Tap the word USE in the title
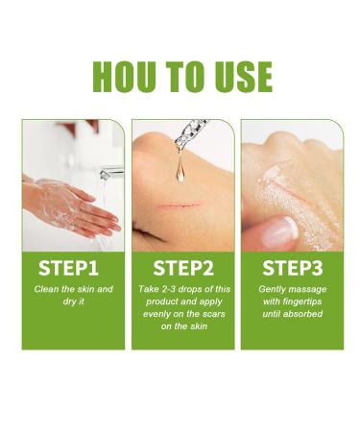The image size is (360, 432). (239, 77)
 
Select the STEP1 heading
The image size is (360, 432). (73, 265)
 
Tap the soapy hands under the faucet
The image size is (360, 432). (72, 204)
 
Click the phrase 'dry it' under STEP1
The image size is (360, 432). (73, 301)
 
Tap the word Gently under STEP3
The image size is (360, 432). (273, 289)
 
